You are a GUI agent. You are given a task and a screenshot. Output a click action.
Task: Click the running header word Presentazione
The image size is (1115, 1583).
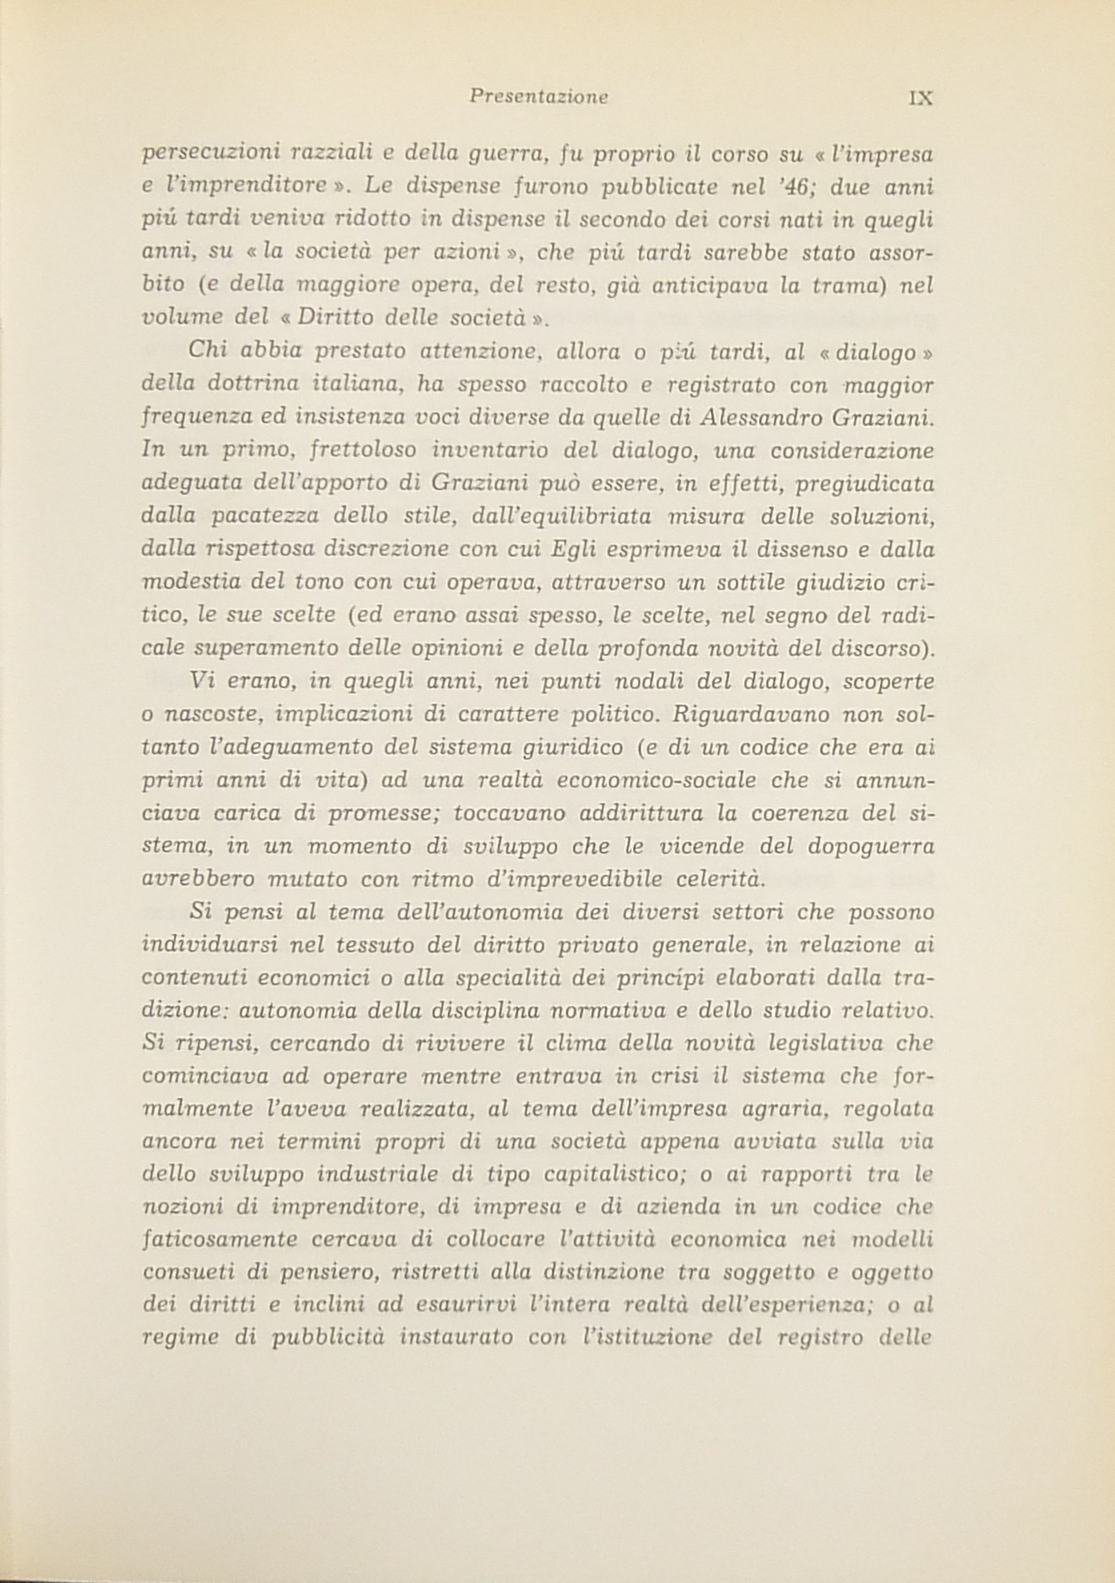[x=539, y=97]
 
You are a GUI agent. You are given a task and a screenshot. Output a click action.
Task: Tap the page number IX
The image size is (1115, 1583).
[x=921, y=97]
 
